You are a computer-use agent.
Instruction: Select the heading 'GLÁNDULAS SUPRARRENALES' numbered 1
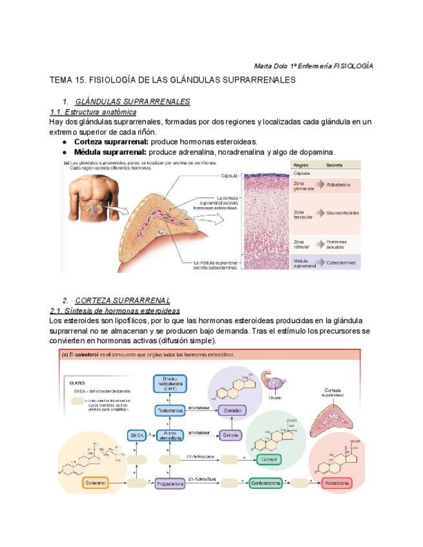(132, 102)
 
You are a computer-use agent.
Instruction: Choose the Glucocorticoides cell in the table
(343, 213)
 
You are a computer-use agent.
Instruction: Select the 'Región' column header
(301, 164)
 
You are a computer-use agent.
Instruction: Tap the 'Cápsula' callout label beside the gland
(230, 175)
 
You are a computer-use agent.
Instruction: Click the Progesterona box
(171, 482)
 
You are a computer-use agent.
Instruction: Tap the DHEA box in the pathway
(136, 435)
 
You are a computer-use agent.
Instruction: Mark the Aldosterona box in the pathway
(337, 482)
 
